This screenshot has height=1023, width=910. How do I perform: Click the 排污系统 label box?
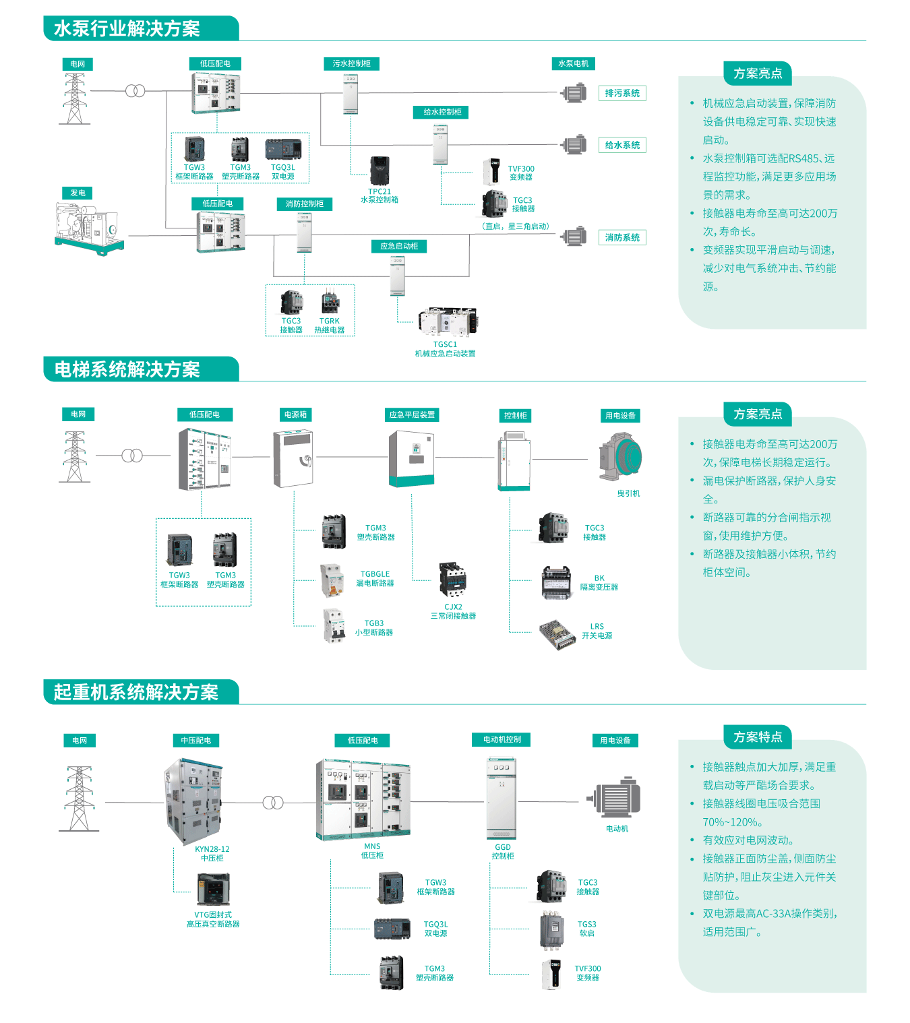(x=621, y=93)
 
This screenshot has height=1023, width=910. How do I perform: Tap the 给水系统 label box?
(x=621, y=145)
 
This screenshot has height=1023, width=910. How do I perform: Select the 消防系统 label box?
(x=621, y=237)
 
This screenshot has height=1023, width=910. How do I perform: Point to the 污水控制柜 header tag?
(x=351, y=63)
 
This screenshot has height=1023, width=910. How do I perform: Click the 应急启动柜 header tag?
(x=398, y=246)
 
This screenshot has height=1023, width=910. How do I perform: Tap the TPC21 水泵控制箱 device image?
(x=380, y=171)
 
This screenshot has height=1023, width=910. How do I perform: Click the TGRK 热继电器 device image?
(x=330, y=301)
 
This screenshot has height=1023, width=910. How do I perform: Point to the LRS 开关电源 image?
(x=557, y=634)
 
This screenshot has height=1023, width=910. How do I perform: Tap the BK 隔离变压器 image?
(x=556, y=582)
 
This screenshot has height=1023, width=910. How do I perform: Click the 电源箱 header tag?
(x=295, y=414)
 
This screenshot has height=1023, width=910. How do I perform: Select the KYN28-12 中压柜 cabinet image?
(x=193, y=801)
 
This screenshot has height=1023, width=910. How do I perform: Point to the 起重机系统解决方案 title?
(x=136, y=692)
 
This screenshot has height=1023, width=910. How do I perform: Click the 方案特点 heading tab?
(x=758, y=737)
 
